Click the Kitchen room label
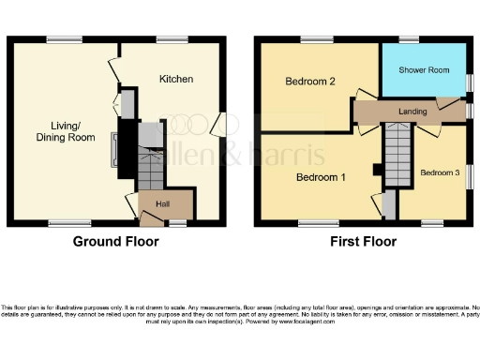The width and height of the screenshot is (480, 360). (176, 79)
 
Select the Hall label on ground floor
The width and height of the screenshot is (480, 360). (161, 202)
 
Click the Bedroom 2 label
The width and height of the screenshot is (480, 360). (310, 82)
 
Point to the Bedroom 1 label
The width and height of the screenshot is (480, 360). (321, 176)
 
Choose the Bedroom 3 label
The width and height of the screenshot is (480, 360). (440, 172)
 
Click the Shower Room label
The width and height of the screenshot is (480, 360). (423, 70)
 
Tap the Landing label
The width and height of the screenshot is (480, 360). (412, 112)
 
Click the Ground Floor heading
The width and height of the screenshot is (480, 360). (116, 241)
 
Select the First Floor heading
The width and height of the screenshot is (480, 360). (363, 241)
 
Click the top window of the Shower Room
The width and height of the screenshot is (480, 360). (409, 39)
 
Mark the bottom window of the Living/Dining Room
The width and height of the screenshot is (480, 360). (64, 222)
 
